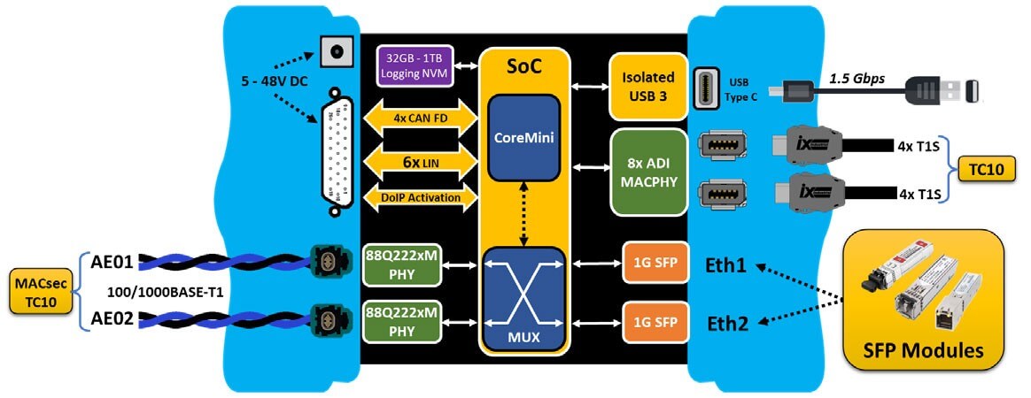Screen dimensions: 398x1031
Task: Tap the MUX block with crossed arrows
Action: [x=523, y=296]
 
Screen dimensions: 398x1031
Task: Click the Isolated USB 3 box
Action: [x=647, y=86]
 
